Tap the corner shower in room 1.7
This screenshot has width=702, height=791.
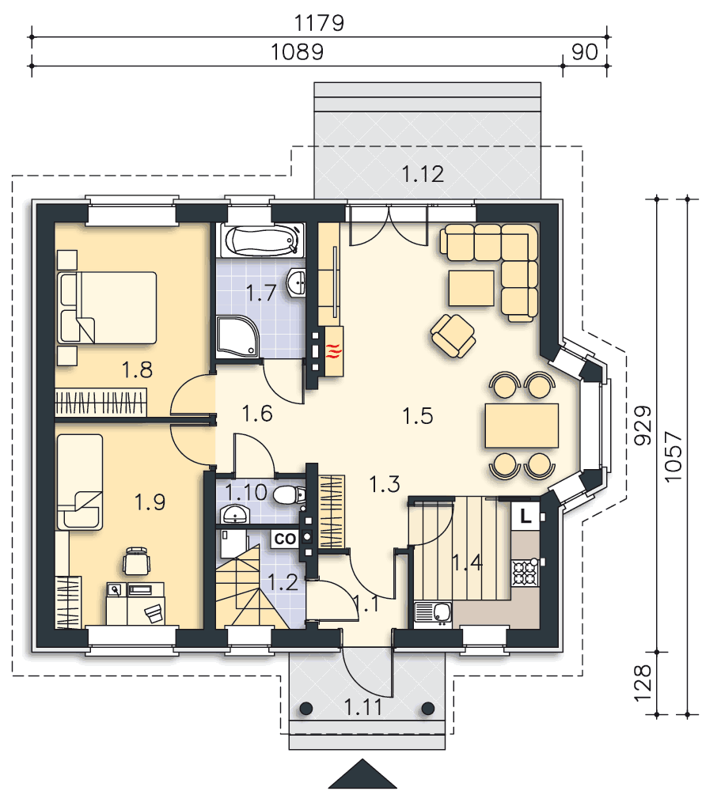[237, 336]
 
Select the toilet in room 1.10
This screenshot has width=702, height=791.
[290, 495]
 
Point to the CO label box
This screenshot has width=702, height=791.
[285, 539]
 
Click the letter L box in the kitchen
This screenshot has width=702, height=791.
[526, 516]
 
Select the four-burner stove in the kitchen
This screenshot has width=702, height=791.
[526, 573]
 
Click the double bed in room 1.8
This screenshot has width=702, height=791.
[107, 308]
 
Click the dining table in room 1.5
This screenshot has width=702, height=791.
[522, 426]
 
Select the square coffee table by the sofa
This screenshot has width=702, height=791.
[472, 288]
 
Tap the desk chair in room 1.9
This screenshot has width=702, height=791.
[137, 561]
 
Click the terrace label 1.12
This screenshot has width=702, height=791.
[423, 174]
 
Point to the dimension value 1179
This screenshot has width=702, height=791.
[319, 23]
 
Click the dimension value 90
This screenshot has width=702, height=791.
[585, 52]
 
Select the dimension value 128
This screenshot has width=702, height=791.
[643, 683]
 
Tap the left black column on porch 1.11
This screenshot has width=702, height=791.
[305, 708]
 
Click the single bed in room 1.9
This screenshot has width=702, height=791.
[80, 482]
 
